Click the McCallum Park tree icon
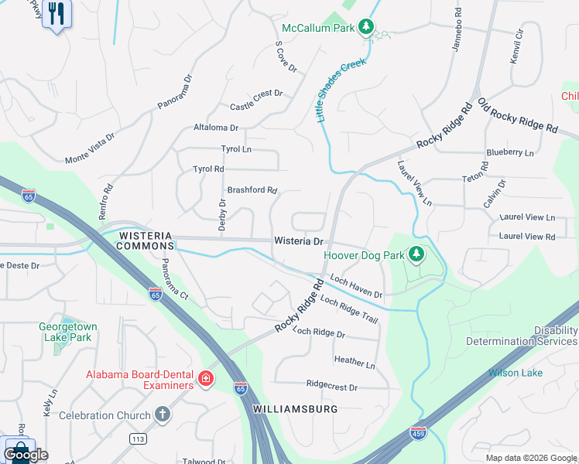(x=367, y=29)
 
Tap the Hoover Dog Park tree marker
(x=416, y=254)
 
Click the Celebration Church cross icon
(x=162, y=415)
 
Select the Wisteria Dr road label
(x=298, y=241)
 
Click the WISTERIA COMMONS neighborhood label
(x=146, y=240)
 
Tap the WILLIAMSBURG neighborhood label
(x=294, y=408)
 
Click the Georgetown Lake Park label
(x=68, y=332)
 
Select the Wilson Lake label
(x=515, y=373)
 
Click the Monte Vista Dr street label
(x=90, y=148)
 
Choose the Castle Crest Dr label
(x=256, y=100)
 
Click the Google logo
(x=26, y=455)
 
